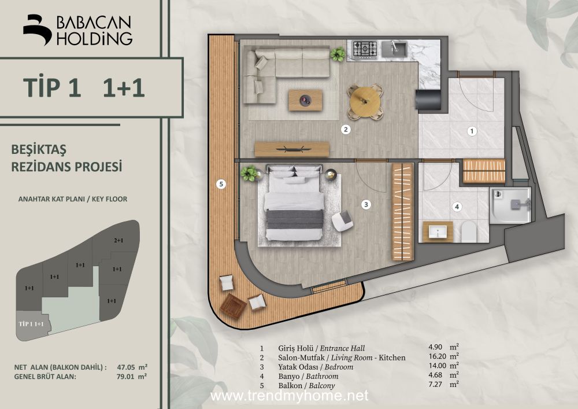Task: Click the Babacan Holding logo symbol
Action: point(37,30)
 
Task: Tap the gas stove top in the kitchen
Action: point(365,49)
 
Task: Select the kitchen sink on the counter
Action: point(394,49)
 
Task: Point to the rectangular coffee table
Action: point(306,100)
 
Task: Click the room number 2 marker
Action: point(346,130)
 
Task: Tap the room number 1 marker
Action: point(472,131)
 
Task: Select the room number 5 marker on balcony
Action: point(221,183)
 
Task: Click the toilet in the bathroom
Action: point(469,231)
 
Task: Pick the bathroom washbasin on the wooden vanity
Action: point(438,232)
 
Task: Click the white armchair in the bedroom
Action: point(342,222)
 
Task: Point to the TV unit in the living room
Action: point(292,149)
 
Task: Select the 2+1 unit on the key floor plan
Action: point(118,241)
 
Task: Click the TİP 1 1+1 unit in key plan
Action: point(31,325)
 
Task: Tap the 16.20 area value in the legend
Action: point(437,356)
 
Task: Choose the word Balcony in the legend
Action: point(322,386)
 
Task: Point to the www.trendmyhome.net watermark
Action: point(289,396)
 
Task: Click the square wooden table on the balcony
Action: point(233,305)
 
